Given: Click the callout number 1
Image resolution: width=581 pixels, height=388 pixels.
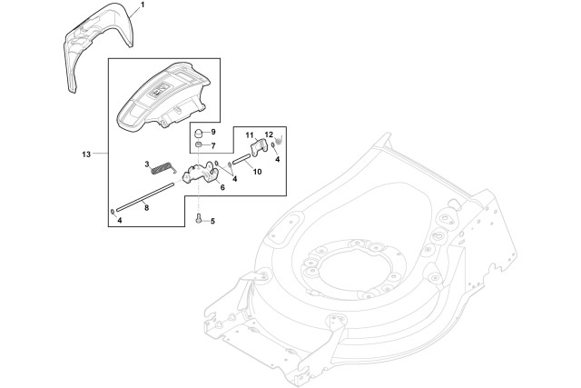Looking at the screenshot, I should click(143, 6).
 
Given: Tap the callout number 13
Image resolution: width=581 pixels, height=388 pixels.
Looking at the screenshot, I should click(86, 155).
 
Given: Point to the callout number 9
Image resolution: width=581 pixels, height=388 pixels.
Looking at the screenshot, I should click(212, 133).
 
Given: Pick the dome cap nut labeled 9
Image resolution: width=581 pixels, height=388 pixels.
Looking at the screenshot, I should click(199, 134).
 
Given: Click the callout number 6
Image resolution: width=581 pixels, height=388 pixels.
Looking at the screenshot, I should click(222, 186).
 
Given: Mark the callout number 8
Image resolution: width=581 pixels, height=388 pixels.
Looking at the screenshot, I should click(147, 208).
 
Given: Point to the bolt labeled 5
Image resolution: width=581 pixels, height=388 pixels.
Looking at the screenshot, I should click(198, 219).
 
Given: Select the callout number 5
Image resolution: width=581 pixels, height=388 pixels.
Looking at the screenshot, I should click(212, 221).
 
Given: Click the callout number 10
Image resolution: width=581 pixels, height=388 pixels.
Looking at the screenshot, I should click(257, 171).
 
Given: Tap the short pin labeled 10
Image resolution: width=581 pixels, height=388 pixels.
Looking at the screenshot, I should click(245, 162).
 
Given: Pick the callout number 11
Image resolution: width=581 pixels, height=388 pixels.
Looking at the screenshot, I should click(248, 134).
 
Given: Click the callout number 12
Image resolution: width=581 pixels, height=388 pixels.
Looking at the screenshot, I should click(269, 134).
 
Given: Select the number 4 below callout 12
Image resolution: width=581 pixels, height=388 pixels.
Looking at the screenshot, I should click(277, 159).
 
